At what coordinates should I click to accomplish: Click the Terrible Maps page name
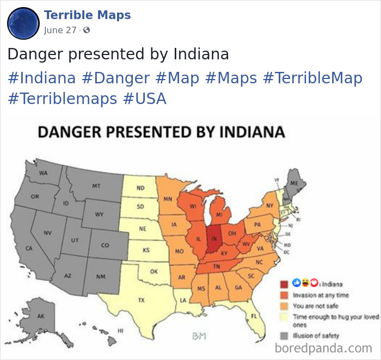coord(87,15)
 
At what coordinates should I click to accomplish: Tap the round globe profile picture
coord(23,23)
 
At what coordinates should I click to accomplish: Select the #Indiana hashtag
coord(42,78)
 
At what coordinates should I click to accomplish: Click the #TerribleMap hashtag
coord(312,78)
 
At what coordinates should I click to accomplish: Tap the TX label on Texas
coord(142,300)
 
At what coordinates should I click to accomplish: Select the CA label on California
coord(29,248)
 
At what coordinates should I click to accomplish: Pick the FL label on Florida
coord(254,316)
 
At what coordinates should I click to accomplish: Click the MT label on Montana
coord(96,186)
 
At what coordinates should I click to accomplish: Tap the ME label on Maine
coord(294,184)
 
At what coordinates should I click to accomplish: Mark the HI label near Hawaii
coord(121,331)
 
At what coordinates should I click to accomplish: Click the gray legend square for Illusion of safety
coord(284,335)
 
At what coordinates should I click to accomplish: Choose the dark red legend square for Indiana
coord(284,284)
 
